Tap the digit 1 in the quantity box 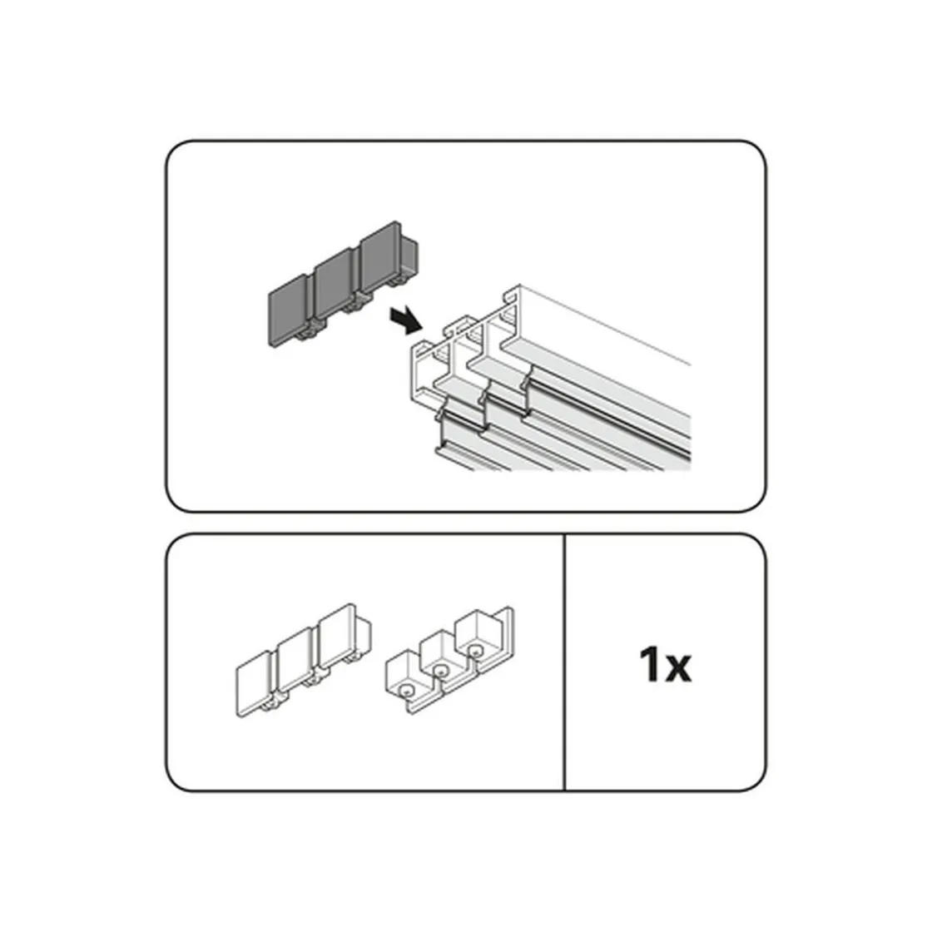650,665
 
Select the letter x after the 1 677,669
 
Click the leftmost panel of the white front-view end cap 255,683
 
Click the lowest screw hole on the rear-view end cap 406,691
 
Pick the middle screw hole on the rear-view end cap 440,671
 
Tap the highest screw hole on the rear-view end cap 475,651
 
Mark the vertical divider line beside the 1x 564,662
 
